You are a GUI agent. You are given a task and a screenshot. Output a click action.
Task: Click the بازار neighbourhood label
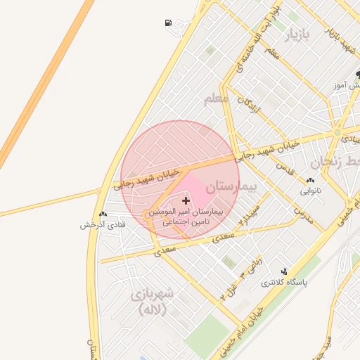(x=295, y=33)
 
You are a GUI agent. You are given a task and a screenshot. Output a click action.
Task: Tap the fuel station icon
(x=168, y=22)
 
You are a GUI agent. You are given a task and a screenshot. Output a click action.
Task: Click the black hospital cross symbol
(x=186, y=201)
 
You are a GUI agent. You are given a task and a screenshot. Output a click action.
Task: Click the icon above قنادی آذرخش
(x=103, y=214)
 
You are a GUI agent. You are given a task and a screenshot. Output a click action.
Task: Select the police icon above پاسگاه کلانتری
(x=285, y=271)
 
